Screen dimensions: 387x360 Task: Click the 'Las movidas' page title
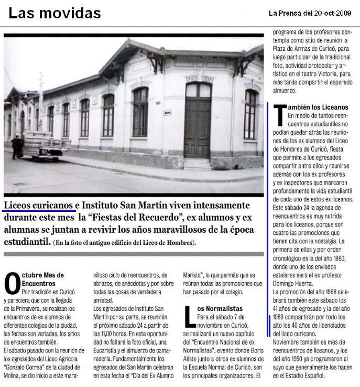[54, 13]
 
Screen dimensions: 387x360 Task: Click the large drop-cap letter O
[12, 284]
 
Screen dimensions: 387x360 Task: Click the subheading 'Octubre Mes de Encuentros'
[42, 279]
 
